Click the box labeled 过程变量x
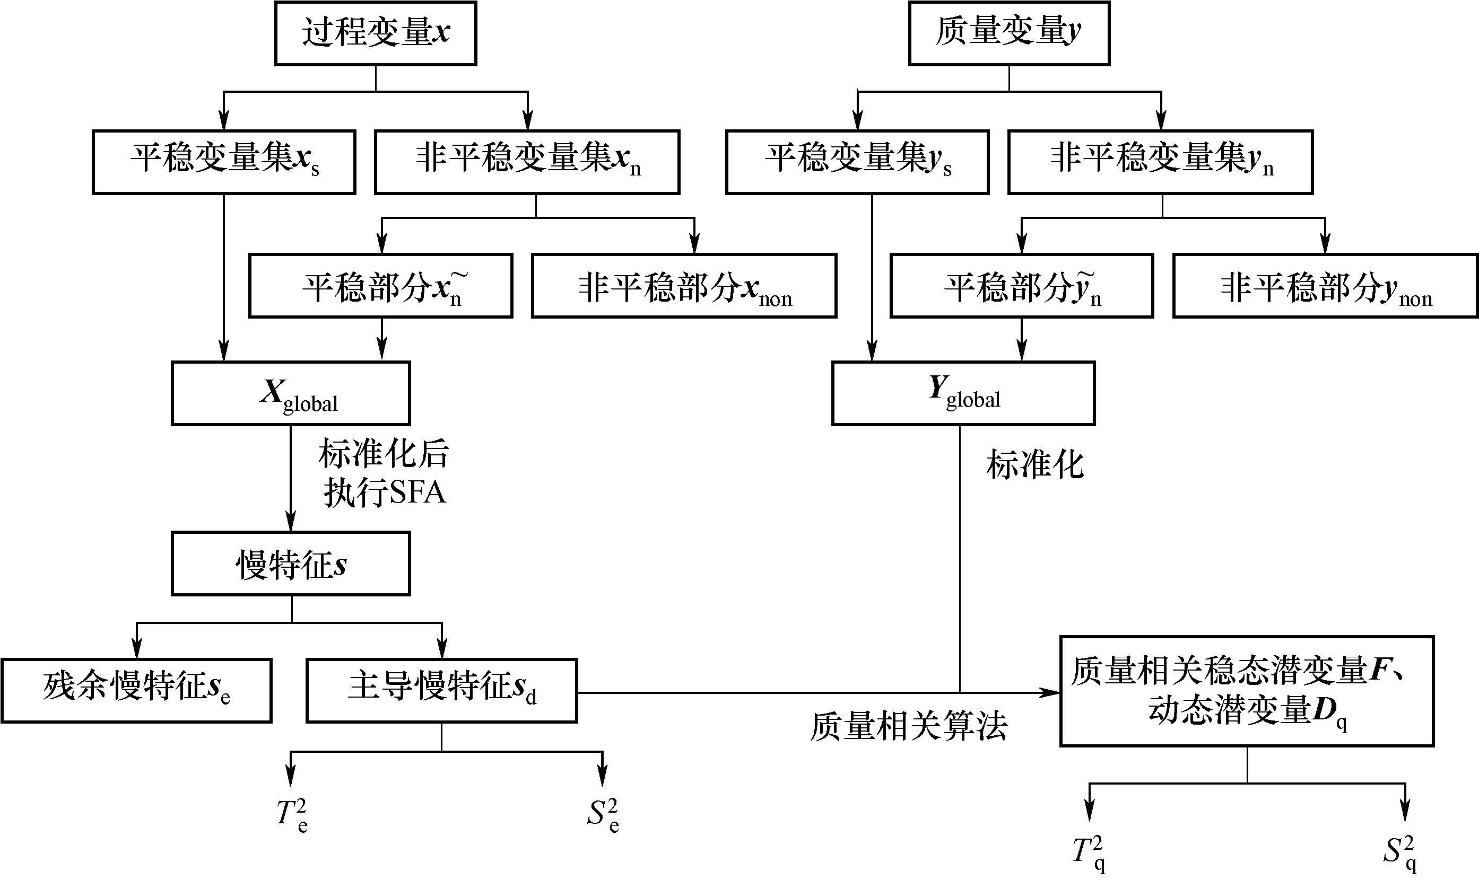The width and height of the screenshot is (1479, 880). pyautogui.click(x=376, y=33)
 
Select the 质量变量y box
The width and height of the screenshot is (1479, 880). pyautogui.click(x=1008, y=33)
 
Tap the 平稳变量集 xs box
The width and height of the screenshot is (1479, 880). pyautogui.click(x=224, y=161)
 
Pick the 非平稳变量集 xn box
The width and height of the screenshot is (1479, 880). pyautogui.click(x=527, y=161)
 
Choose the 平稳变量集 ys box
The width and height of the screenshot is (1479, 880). pyautogui.click(x=857, y=161)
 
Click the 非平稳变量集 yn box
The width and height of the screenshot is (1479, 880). pyautogui.click(x=1160, y=161)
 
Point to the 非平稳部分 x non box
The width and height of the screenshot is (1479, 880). pyautogui.click(x=684, y=286)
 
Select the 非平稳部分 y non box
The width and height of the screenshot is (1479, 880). pyautogui.click(x=1325, y=286)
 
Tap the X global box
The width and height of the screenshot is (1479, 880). pyautogui.click(x=291, y=393)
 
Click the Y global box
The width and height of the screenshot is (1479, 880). pyautogui.click(x=963, y=393)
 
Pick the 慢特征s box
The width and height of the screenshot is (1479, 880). pyautogui.click(x=291, y=564)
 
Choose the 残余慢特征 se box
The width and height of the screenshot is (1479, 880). pyautogui.click(x=136, y=690)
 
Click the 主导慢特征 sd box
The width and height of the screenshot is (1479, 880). pyautogui.click(x=441, y=690)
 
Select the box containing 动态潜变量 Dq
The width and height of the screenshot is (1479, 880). pyautogui.click(x=1247, y=691)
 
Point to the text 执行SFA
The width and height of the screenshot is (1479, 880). pyautogui.click(x=385, y=492)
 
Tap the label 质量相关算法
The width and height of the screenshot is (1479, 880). pyautogui.click(x=908, y=726)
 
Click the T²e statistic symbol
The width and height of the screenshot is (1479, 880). pyautogui.click(x=292, y=815)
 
